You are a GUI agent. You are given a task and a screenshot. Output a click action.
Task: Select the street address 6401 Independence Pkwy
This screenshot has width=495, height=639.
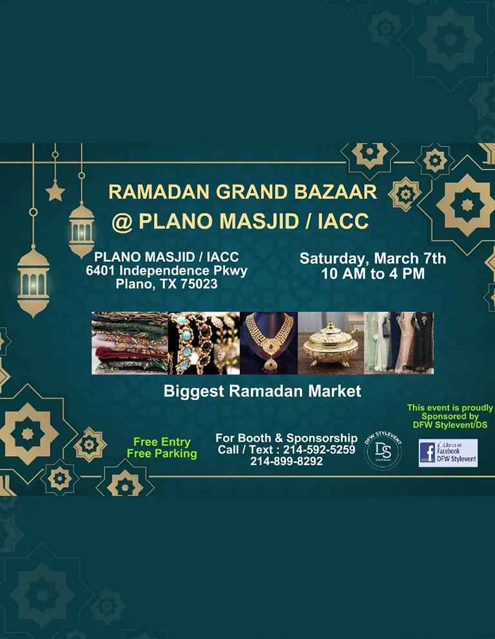[166, 271]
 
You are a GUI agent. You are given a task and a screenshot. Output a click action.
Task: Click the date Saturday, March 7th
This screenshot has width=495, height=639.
[373, 259]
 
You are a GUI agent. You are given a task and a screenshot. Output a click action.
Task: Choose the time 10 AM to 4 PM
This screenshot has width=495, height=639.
[373, 273]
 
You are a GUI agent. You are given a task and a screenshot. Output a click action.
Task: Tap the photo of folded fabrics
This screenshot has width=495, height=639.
[130, 343]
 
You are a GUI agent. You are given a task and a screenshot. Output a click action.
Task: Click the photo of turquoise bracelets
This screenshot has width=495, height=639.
[204, 343]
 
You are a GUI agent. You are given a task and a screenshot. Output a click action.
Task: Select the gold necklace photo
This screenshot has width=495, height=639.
[268, 343]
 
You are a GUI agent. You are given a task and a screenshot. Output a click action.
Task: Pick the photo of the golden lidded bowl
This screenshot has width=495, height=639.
[331, 343]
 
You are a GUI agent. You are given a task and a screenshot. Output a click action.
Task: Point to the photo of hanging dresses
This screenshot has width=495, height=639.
[398, 343]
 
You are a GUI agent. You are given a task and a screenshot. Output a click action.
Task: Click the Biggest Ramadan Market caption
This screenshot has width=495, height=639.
[262, 391]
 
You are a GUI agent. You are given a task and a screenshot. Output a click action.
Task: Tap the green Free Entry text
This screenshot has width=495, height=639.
[162, 442]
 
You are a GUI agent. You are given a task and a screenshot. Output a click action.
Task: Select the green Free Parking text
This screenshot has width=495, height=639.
[162, 453]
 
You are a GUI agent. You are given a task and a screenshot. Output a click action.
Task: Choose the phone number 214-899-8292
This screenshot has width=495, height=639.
[286, 462]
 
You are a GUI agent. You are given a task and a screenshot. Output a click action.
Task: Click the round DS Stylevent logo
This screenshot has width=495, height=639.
[383, 450]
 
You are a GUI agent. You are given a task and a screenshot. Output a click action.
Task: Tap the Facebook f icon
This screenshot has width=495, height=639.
[427, 453]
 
